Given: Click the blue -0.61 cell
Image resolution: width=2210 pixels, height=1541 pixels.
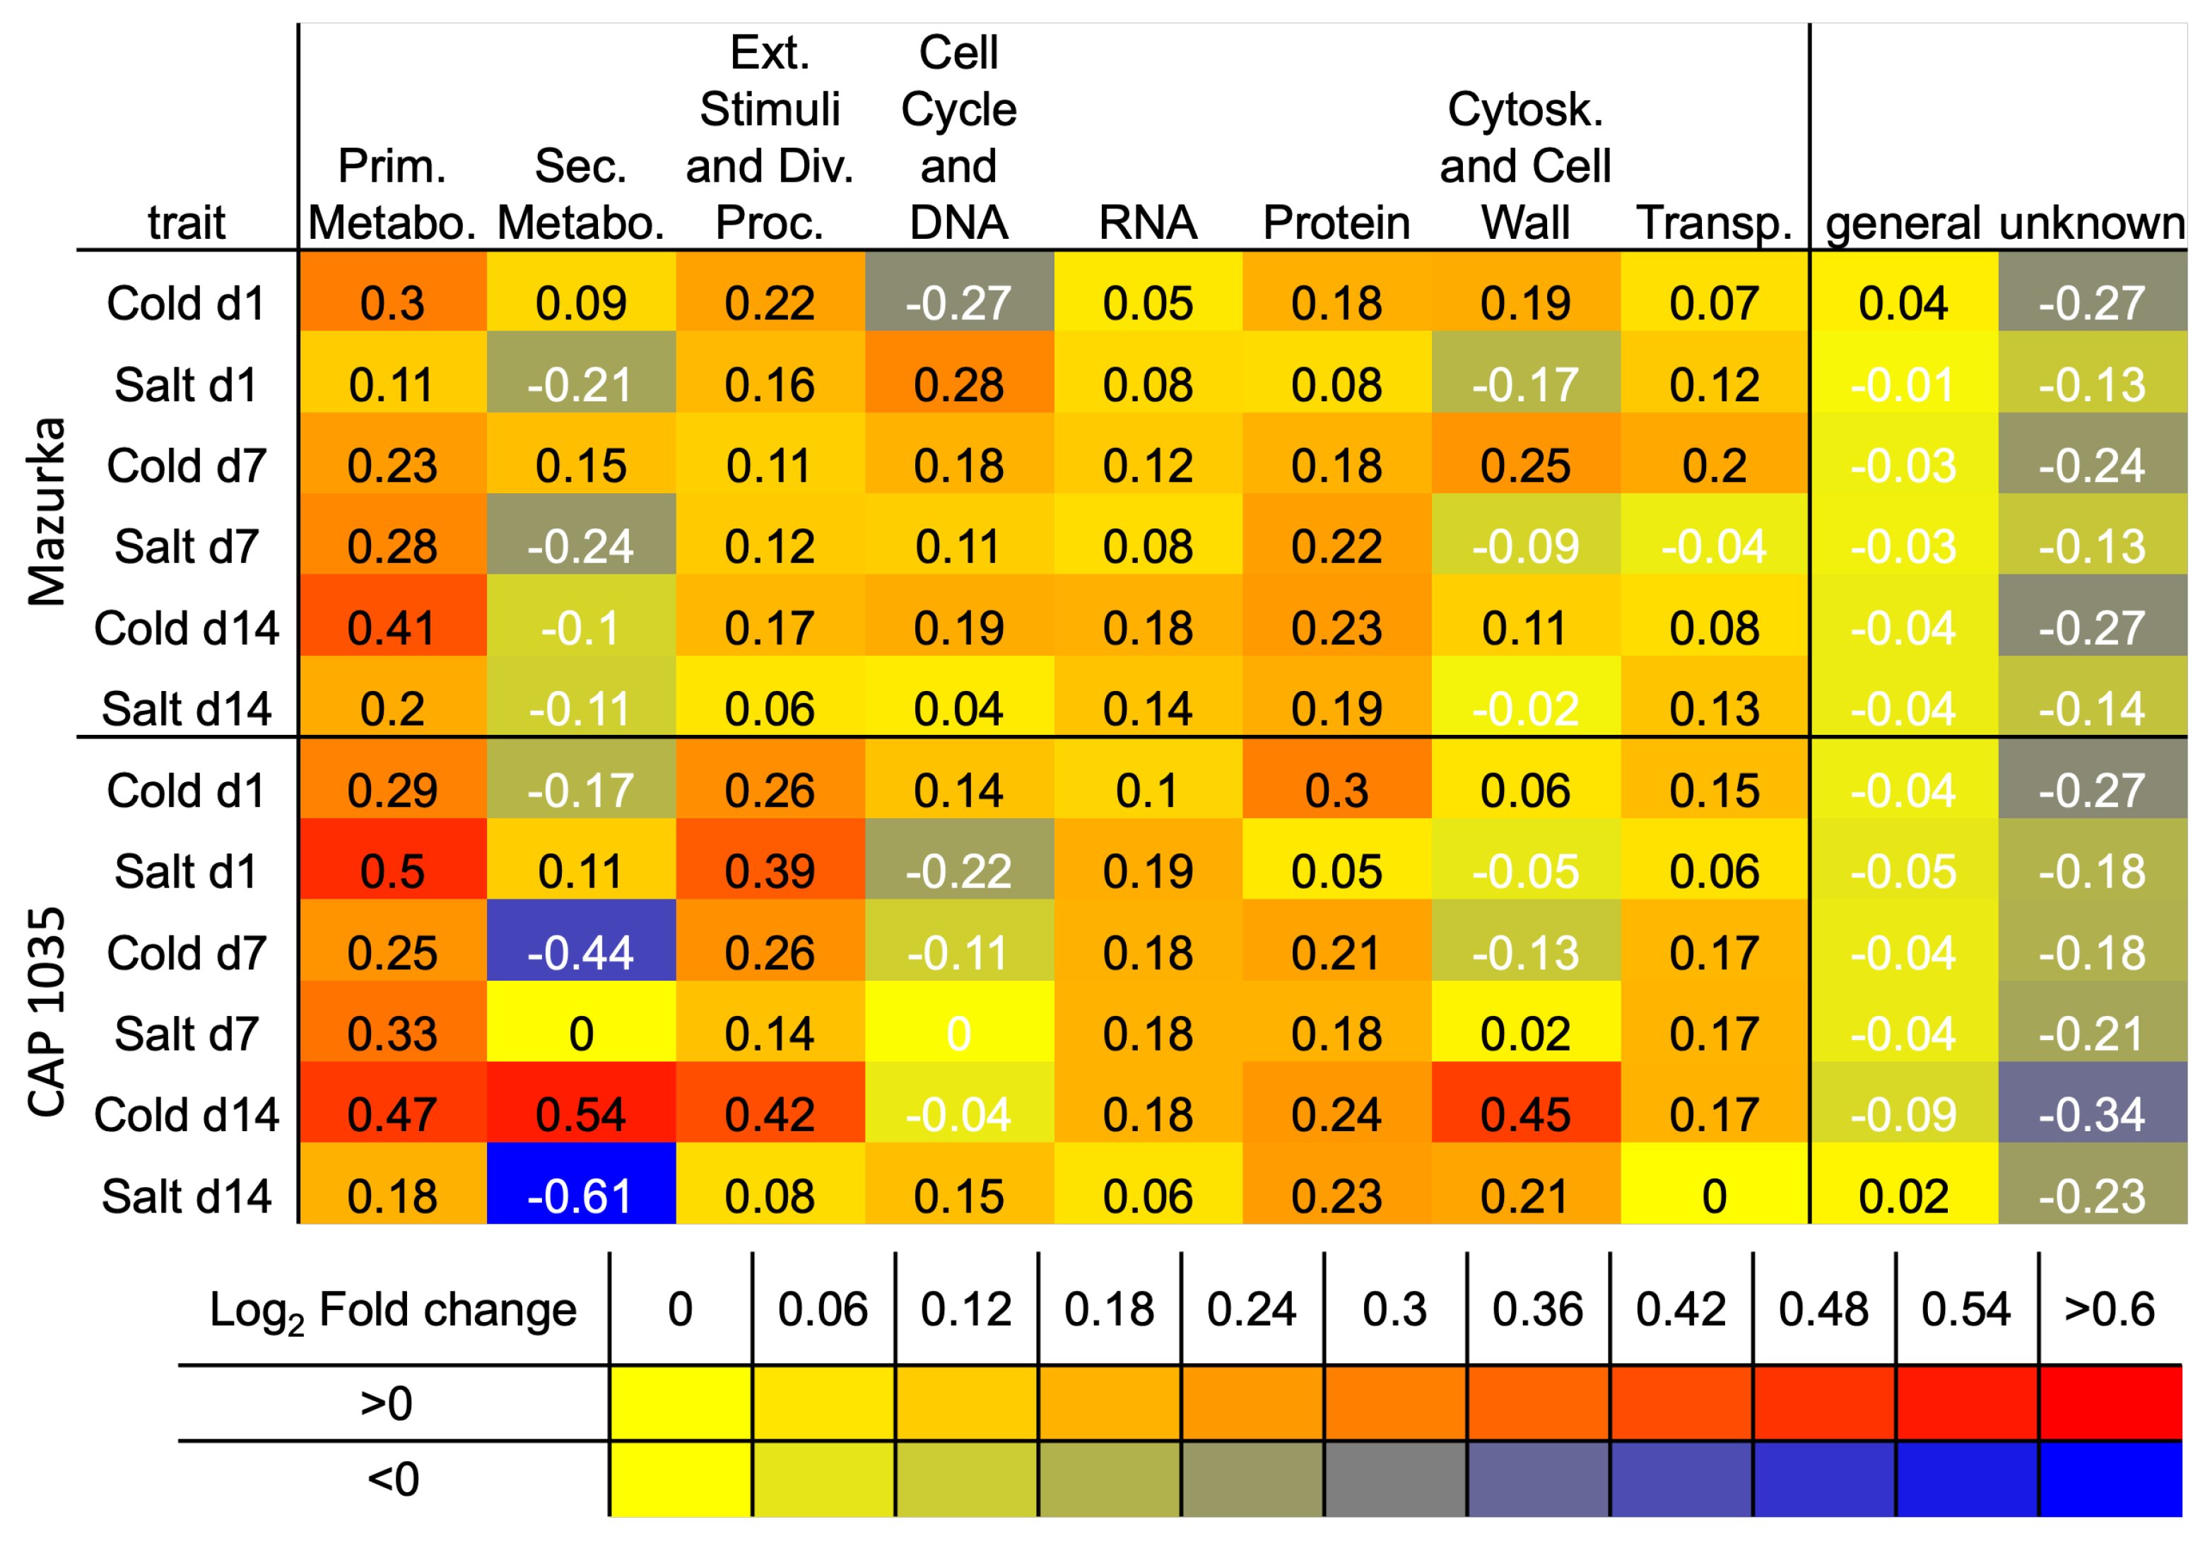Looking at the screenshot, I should click(580, 1196).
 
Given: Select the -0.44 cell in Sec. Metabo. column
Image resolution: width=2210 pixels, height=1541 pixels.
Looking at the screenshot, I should click(580, 953).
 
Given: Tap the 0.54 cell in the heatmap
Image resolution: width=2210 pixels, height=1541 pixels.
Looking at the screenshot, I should click(580, 1115).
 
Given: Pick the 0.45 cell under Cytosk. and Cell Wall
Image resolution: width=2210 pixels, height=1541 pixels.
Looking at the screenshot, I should click(1526, 1115).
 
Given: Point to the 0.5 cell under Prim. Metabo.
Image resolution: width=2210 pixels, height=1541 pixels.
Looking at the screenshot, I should click(392, 871).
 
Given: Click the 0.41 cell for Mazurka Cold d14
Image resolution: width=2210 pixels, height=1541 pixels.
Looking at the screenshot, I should click(392, 627).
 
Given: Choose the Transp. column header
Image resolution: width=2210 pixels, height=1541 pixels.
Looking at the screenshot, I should click(1715, 223).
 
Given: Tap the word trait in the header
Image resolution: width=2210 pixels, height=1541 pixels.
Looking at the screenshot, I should click(186, 223).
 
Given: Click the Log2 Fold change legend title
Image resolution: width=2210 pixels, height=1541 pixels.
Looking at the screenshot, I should click(393, 1310).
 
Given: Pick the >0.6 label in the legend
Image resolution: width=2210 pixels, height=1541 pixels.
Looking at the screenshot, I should click(2109, 1309).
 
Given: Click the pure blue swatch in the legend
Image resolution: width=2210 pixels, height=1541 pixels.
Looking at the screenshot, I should click(2109, 1478).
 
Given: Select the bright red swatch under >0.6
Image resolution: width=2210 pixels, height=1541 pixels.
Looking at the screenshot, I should click(2109, 1403).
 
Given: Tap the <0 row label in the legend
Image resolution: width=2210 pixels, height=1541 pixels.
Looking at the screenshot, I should click(393, 1478).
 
